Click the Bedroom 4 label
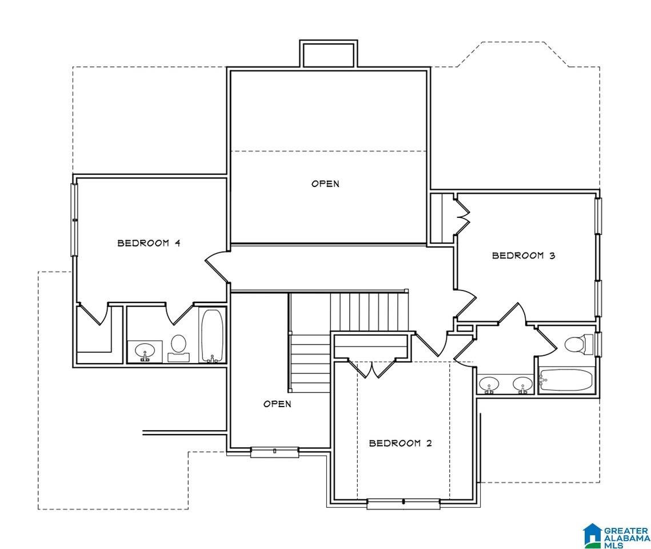149,243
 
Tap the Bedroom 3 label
524,256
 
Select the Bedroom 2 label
400,443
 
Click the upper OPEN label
325,184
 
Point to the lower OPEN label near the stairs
277,404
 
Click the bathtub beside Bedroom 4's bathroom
212,336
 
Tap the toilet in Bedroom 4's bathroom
178,348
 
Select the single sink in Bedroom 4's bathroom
145,351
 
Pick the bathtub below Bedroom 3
566,380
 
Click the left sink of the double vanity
489,384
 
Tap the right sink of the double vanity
522,384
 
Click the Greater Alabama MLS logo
616,536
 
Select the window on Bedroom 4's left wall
74,220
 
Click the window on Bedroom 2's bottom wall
403,503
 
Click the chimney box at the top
329,54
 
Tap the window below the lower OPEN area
274,452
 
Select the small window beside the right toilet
598,344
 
